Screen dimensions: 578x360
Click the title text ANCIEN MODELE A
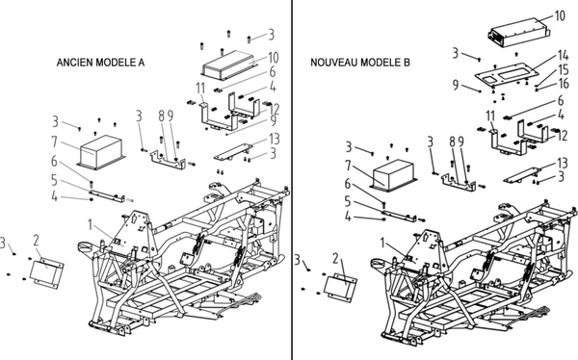(100, 63)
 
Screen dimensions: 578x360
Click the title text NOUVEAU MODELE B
(359, 63)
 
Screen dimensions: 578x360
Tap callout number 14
(563, 55)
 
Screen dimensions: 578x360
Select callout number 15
(564, 69)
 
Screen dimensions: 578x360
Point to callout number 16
(564, 84)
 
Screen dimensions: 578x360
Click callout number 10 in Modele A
(274, 58)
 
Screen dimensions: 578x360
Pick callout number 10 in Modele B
(560, 15)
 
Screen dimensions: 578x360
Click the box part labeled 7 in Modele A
(101, 152)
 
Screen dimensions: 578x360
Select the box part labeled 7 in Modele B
(393, 176)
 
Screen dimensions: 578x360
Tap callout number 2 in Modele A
(36, 241)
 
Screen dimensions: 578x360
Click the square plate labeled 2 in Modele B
(340, 287)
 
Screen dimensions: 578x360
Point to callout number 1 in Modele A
(90, 224)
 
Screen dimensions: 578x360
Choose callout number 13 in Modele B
(563, 163)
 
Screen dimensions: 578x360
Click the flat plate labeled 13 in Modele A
(233, 151)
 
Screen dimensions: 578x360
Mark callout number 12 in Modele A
(275, 109)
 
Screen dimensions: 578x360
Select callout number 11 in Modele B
(490, 116)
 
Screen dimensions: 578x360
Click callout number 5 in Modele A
(54, 180)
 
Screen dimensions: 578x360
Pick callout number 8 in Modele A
(162, 116)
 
